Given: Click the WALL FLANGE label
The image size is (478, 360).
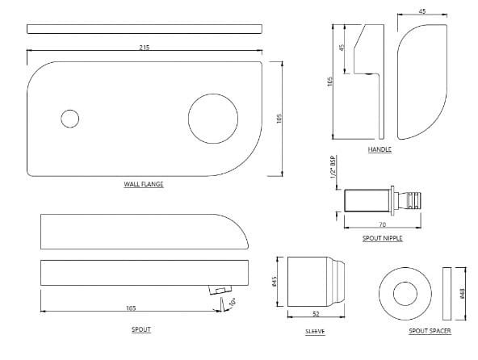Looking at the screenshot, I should (x=144, y=185).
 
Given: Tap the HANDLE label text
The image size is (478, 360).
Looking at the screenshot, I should (x=379, y=151).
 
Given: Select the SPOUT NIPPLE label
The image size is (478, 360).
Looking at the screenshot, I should (x=382, y=238).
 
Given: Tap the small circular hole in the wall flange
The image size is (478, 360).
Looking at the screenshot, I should (x=71, y=119).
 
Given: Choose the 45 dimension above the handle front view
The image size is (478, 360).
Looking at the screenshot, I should (x=421, y=12).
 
